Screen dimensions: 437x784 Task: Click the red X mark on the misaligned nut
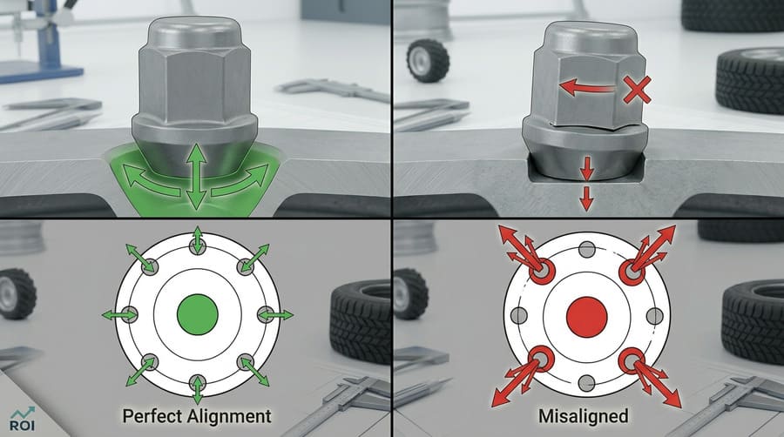pyautogui.click(x=637, y=87)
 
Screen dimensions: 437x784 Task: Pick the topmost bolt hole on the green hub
pyautogui.click(x=198, y=246)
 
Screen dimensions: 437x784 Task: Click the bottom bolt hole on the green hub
pyautogui.click(x=198, y=381)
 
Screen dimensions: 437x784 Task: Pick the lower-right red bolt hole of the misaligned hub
pyautogui.click(x=631, y=360)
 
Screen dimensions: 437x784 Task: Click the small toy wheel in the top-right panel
pyautogui.click(x=428, y=60)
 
